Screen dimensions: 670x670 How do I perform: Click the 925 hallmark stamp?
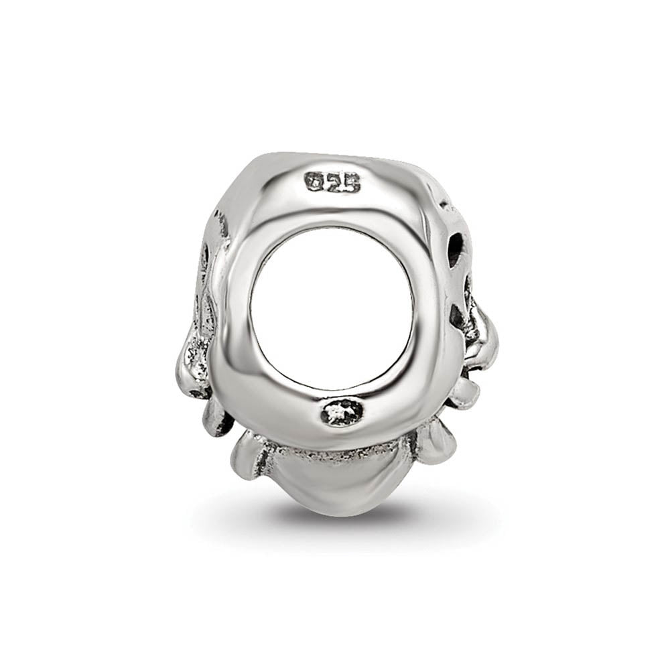tap(333, 182)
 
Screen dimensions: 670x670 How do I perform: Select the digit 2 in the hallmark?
tap(333, 182)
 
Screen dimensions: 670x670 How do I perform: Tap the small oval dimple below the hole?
tap(342, 412)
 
